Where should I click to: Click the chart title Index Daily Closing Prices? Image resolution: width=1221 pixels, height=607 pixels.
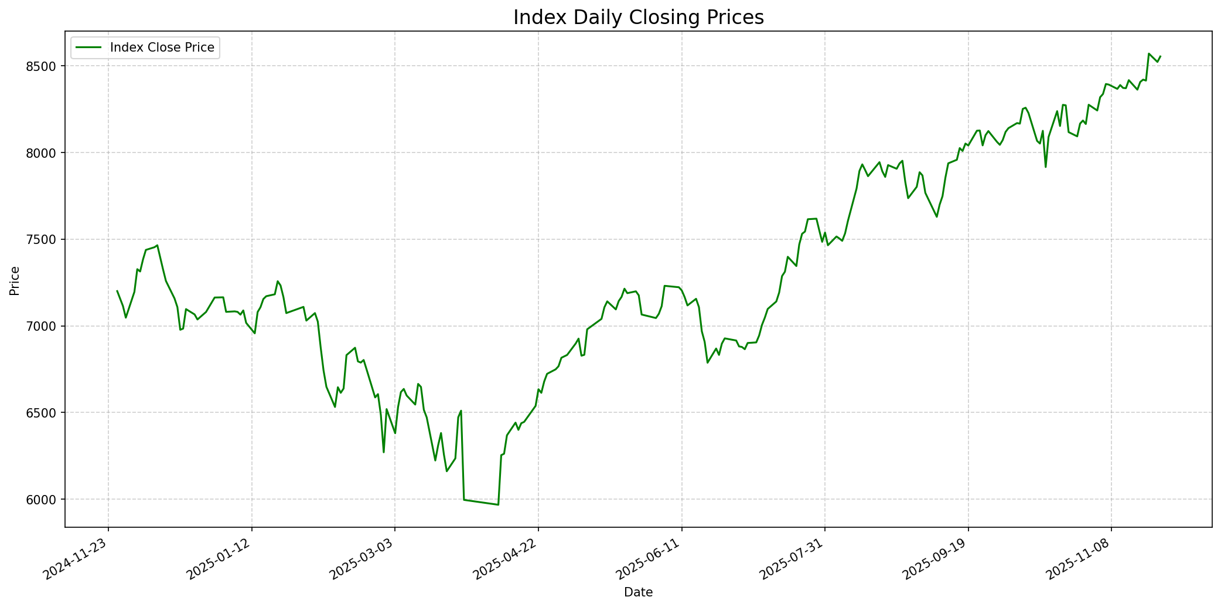(638, 18)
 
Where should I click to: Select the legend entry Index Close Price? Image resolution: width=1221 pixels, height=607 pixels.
(162, 48)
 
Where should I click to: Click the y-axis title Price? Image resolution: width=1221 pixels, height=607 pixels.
(15, 281)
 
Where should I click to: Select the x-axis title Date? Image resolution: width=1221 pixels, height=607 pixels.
(638, 592)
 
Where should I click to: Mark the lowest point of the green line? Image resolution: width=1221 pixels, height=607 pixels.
(498, 504)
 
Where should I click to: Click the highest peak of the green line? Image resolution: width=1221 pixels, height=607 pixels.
(1149, 53)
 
